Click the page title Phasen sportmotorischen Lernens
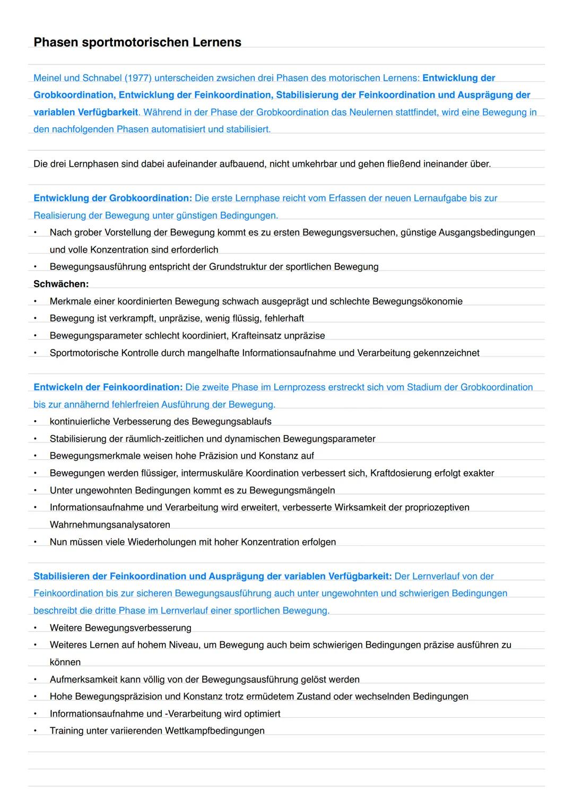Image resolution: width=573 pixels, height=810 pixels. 137,42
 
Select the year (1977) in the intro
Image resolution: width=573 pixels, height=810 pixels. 138,78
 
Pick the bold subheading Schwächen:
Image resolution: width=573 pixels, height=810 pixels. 61,284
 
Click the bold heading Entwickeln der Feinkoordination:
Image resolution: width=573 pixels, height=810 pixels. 108,387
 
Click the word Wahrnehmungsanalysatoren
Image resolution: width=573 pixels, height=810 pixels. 110,525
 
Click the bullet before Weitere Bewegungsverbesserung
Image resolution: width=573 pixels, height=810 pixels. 36,628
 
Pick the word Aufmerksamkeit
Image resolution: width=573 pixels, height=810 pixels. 83,680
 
